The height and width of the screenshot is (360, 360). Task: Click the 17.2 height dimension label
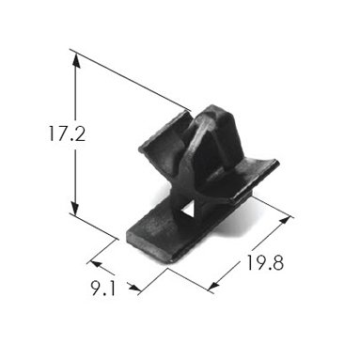tap(67, 133)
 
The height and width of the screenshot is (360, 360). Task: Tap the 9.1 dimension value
tap(103, 289)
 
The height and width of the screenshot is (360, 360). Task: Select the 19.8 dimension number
tap(265, 262)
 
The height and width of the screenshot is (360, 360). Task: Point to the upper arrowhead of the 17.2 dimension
tap(75, 61)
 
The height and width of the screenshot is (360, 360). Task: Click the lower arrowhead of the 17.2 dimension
tap(75, 208)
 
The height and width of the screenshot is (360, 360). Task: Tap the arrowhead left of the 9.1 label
tap(95, 264)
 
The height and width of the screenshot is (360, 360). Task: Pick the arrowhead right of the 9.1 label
tap(134, 288)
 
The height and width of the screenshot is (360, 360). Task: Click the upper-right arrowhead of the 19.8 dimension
tap(285, 220)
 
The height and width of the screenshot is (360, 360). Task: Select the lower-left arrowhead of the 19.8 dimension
tap(213, 286)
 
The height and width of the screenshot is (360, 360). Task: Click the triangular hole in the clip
tap(189, 210)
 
